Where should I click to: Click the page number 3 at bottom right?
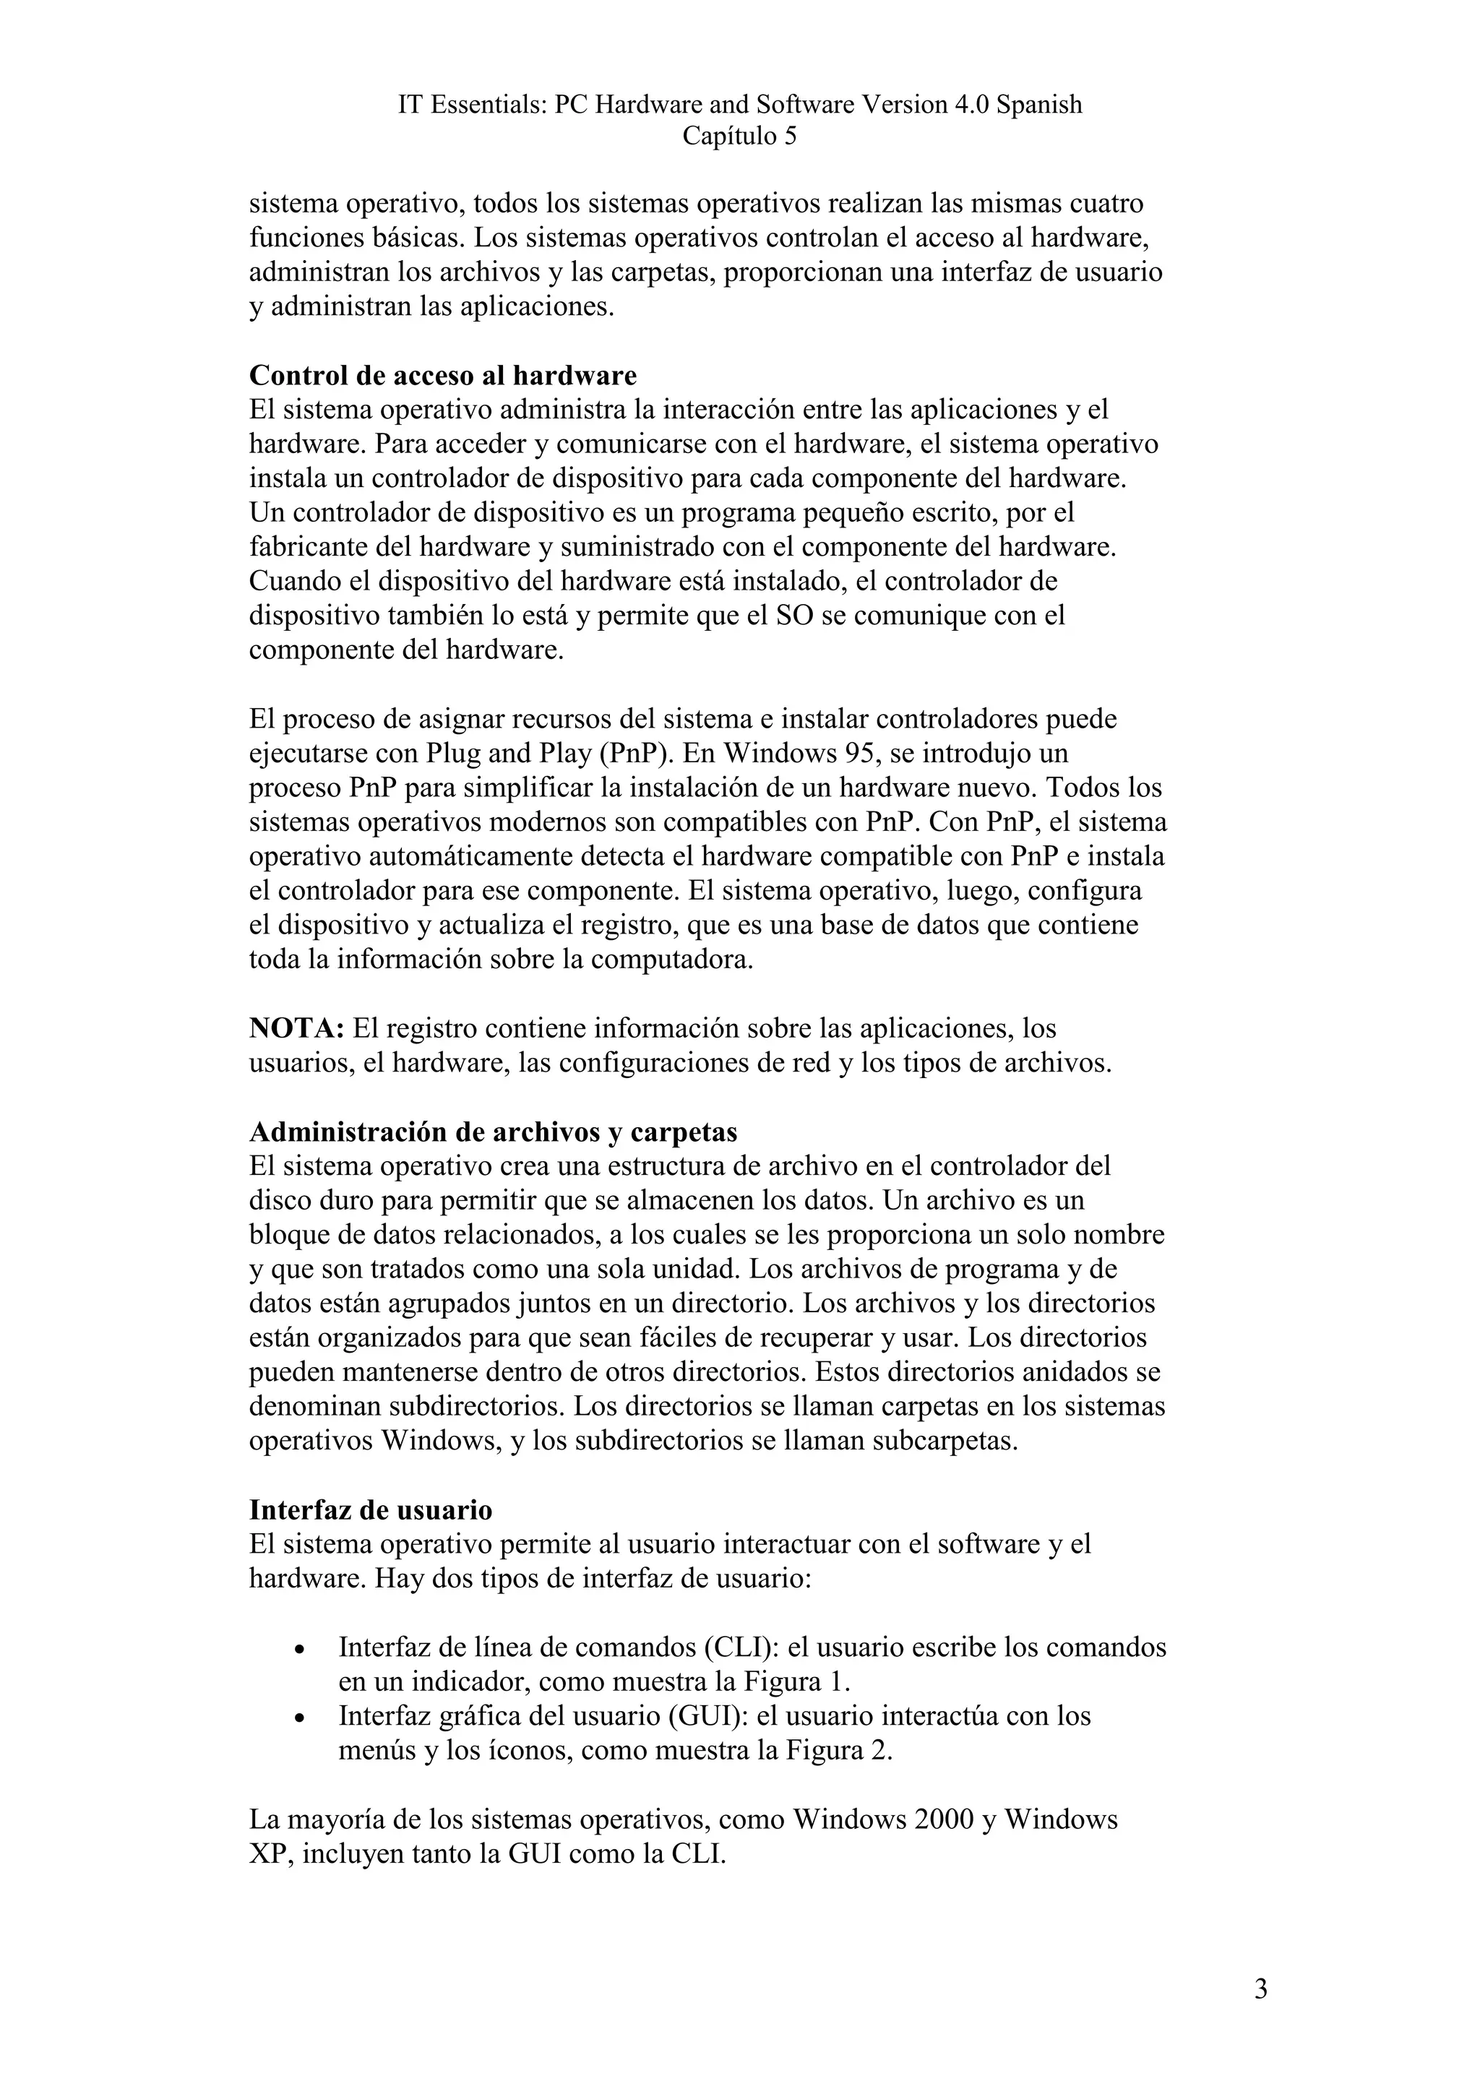(1260, 1989)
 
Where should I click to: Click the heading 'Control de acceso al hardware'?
(442, 376)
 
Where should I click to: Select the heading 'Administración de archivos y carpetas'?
(494, 1132)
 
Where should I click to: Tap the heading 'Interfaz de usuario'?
(370, 1509)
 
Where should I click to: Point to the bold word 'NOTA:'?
(296, 1029)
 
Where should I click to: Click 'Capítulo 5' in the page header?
(739, 137)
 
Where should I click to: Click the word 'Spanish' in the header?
(1038, 105)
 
